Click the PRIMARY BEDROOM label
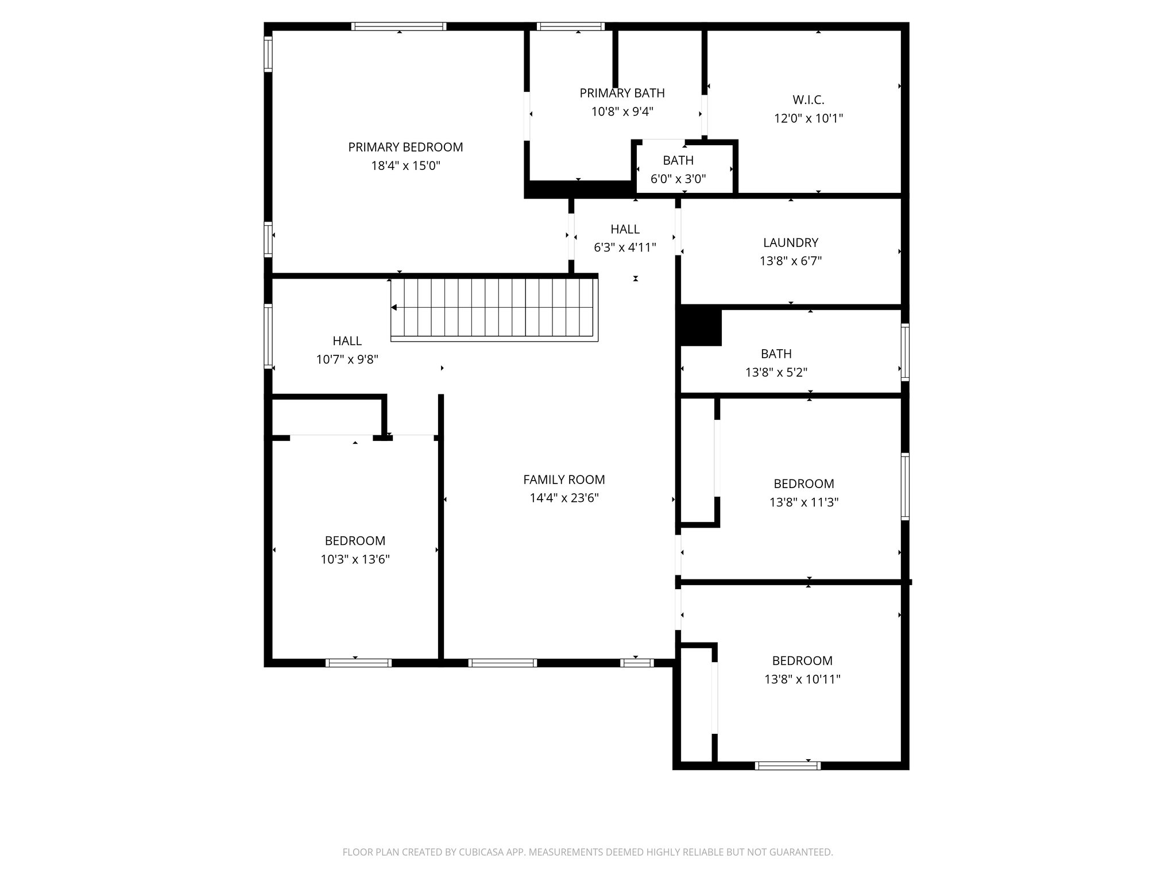(x=405, y=147)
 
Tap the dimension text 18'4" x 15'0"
(x=405, y=166)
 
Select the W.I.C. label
(x=808, y=100)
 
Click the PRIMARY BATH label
(x=622, y=93)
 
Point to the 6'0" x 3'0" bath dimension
(x=678, y=179)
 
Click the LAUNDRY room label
(x=790, y=242)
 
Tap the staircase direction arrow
(x=394, y=308)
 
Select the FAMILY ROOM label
(x=564, y=479)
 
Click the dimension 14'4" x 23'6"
(x=564, y=498)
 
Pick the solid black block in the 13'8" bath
(x=701, y=327)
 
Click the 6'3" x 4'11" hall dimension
(x=625, y=247)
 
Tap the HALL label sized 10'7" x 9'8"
(x=347, y=341)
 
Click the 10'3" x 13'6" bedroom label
(x=355, y=541)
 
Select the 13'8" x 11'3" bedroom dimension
(x=804, y=502)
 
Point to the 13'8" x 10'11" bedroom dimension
(x=802, y=679)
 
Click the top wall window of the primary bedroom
(x=399, y=26)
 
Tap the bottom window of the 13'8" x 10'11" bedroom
(x=787, y=765)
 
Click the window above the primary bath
(x=570, y=26)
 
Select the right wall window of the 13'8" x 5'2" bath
(x=905, y=352)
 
